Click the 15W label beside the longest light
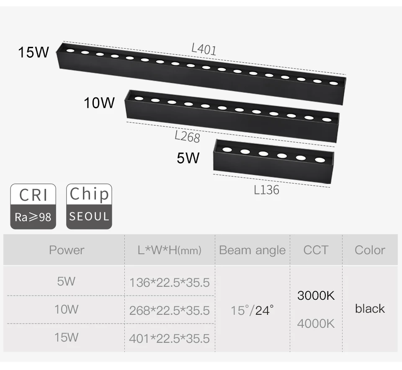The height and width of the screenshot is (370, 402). click(x=33, y=53)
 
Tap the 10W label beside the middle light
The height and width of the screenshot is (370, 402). click(x=99, y=102)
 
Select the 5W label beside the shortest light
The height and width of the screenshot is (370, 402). click(x=188, y=158)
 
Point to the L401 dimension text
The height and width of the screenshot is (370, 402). click(x=204, y=49)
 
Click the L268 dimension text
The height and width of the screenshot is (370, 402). click(x=187, y=136)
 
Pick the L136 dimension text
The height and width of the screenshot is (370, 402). click(x=266, y=190)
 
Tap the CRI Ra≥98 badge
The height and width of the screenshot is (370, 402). click(x=33, y=207)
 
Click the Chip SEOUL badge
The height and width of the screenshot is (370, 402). click(x=89, y=207)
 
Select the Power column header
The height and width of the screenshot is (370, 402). click(x=67, y=250)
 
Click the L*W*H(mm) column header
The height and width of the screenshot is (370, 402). click(x=170, y=250)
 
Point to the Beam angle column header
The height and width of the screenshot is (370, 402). click(x=252, y=250)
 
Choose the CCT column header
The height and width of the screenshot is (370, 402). click(x=315, y=250)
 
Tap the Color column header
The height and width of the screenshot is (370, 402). click(x=370, y=250)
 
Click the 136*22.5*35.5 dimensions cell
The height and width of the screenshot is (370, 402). click(x=169, y=283)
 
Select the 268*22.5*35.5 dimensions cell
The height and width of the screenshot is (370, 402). click(x=169, y=311)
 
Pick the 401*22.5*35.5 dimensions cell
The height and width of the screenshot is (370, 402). click(x=169, y=338)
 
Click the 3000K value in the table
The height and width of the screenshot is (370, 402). click(x=316, y=296)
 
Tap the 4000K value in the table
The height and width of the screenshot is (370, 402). click(x=316, y=324)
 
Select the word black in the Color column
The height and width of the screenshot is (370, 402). click(x=370, y=309)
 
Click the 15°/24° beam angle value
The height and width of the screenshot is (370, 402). click(x=253, y=311)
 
